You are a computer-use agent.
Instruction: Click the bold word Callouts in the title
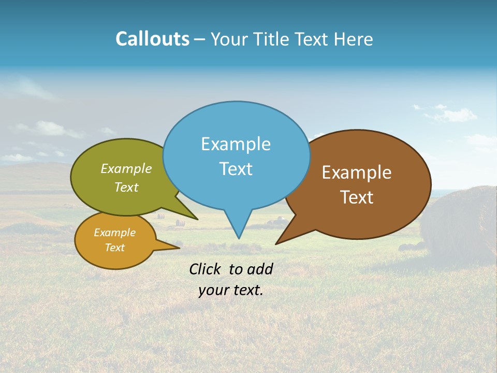[152, 39]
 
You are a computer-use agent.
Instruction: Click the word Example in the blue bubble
[236, 144]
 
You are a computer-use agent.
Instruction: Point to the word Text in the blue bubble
[236, 169]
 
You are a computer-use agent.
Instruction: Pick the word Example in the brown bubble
[357, 173]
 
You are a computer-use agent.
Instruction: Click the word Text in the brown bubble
[357, 197]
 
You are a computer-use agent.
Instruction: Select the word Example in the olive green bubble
[126, 169]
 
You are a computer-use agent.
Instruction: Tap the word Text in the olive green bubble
[126, 187]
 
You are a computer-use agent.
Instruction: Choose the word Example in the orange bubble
[114, 233]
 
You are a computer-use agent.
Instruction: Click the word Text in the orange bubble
[114, 248]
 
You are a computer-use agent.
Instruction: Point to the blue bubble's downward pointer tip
[239, 238]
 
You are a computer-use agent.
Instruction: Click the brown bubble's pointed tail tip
[276, 243]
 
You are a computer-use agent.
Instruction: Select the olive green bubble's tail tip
[197, 219]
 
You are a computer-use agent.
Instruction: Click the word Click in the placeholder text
[206, 269]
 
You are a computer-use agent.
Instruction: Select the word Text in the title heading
[313, 39]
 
